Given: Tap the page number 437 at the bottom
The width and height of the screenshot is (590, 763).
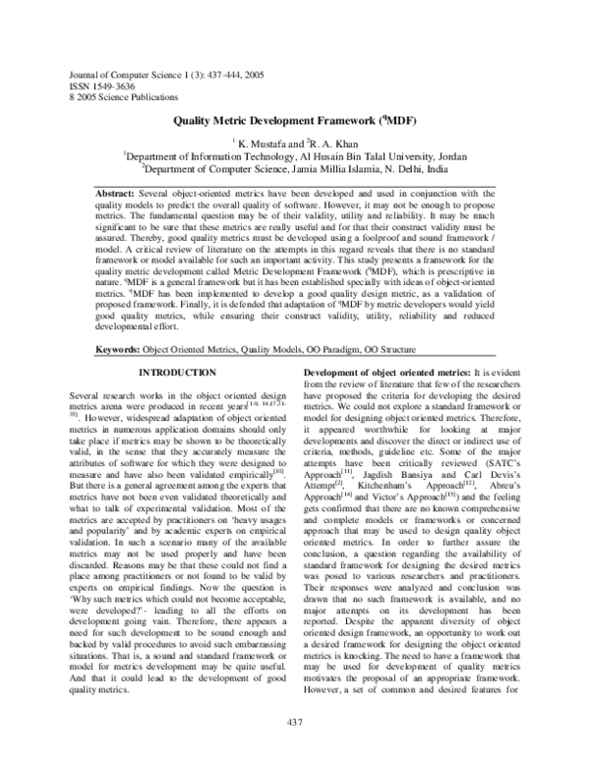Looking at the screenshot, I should click(295, 724).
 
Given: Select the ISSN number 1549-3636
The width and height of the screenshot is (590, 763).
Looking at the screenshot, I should click(107, 85).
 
